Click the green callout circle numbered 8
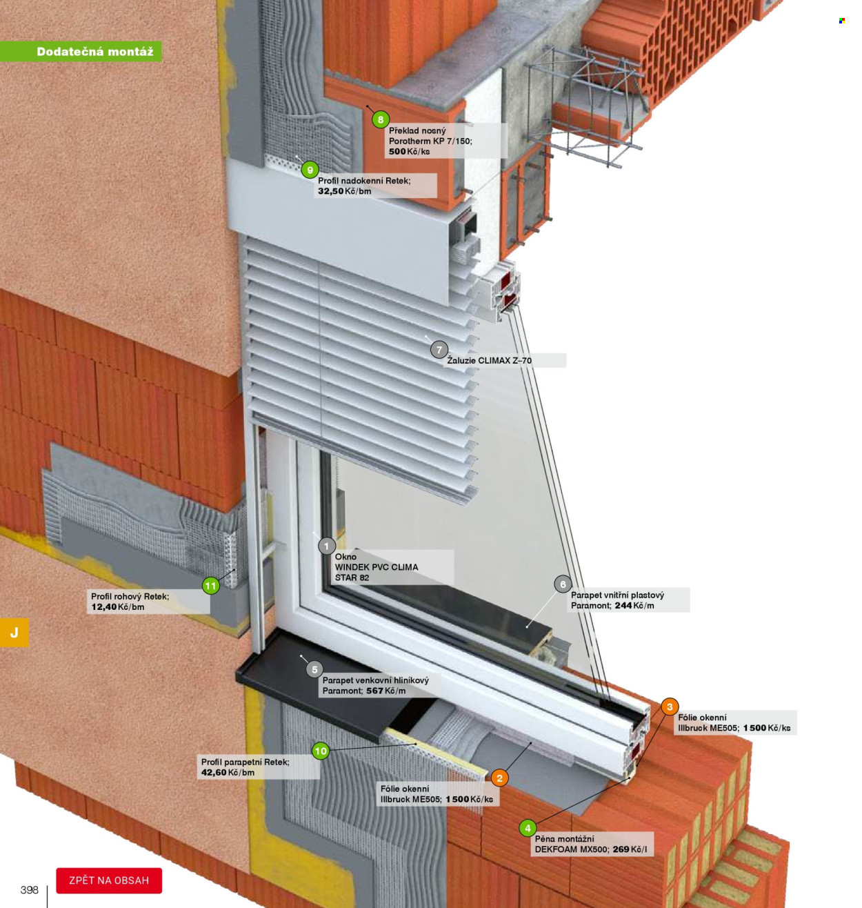pyautogui.click(x=380, y=119)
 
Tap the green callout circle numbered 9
pyautogui.click(x=310, y=170)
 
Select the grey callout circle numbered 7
pyautogui.click(x=439, y=350)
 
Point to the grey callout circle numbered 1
pyautogui.click(x=326, y=546)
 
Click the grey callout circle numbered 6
pyautogui.click(x=562, y=584)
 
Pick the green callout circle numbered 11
pyautogui.click(x=210, y=586)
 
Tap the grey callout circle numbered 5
pyautogui.click(x=314, y=669)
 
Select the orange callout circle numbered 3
pyautogui.click(x=670, y=706)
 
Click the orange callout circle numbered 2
pyautogui.click(x=499, y=778)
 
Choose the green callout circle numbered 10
pyautogui.click(x=321, y=751)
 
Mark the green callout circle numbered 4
pyautogui.click(x=528, y=828)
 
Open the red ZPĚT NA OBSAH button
pyautogui.click(x=109, y=880)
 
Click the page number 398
pyautogui.click(x=29, y=890)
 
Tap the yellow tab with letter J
pyautogui.click(x=14, y=632)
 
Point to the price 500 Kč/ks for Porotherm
pyautogui.click(x=409, y=152)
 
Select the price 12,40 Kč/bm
pyautogui.click(x=118, y=607)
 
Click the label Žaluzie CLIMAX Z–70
pyautogui.click(x=489, y=360)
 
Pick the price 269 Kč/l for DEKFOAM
pyautogui.click(x=630, y=849)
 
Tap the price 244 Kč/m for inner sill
pyautogui.click(x=634, y=606)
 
